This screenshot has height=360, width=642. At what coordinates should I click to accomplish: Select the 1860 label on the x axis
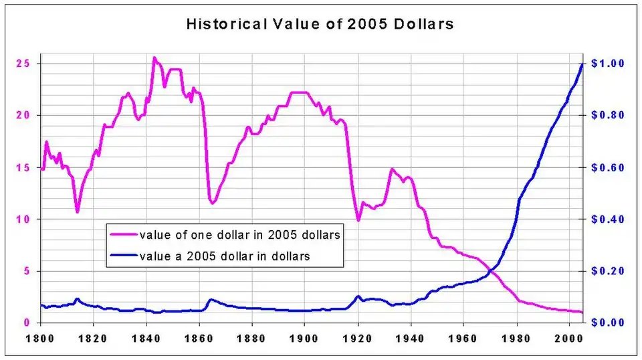click(x=199, y=338)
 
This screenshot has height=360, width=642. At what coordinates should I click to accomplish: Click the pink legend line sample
click(x=124, y=235)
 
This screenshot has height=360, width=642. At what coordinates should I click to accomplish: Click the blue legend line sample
click(x=124, y=256)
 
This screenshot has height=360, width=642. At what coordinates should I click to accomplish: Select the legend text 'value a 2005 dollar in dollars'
click(x=224, y=256)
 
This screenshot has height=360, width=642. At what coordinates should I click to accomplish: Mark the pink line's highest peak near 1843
click(x=154, y=58)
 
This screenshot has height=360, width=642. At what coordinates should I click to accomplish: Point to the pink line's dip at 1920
click(x=358, y=219)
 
